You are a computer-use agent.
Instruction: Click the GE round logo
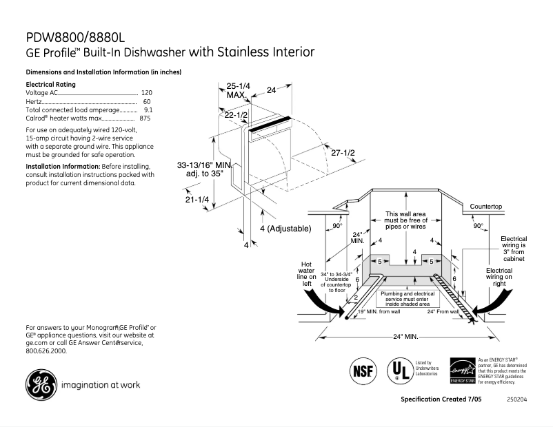pos(41,384)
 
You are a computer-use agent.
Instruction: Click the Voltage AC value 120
pos(146,92)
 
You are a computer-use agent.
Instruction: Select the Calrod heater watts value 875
pos(145,118)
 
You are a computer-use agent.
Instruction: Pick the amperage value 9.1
pos(148,110)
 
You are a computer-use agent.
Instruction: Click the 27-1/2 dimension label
pos(343,152)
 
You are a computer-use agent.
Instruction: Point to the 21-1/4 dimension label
pos(197,200)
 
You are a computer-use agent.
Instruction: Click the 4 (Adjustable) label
pos(285,228)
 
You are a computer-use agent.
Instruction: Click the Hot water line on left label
pos(307,273)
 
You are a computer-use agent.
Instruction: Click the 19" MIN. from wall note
pos(379,312)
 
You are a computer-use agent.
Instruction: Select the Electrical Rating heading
pos(50,84)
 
